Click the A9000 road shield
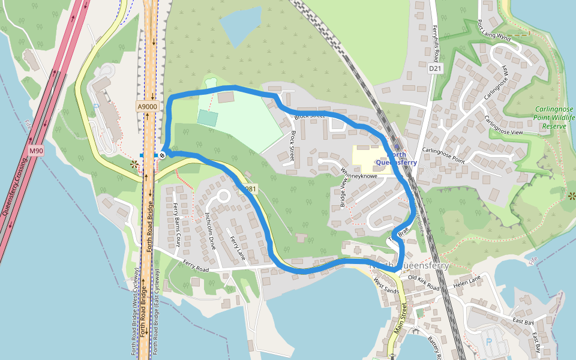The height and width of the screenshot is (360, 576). [147, 107]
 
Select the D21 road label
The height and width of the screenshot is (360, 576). [435, 69]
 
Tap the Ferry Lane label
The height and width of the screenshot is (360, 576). [238, 248]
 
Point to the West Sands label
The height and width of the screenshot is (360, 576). [386, 285]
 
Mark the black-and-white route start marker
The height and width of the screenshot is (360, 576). [162, 155]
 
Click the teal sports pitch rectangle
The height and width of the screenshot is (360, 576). [207, 118]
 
